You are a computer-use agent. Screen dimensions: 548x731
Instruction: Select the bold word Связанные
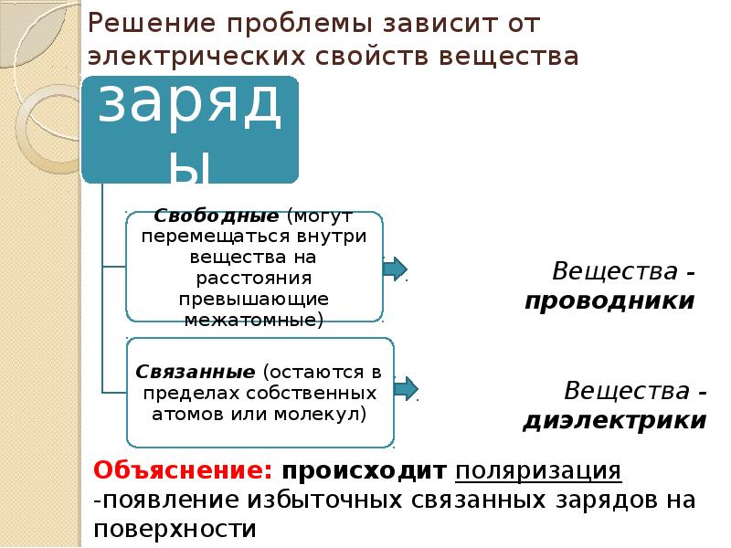pos(195,373)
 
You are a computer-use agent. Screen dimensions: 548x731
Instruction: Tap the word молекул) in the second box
pos(322,413)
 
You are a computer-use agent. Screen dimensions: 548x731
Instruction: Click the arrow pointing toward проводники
pos(394,269)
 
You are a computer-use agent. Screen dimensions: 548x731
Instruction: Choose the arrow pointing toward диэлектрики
pos(406,388)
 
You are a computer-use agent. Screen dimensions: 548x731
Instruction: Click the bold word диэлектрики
pos(614,420)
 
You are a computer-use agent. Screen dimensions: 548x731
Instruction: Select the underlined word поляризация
pos(539,471)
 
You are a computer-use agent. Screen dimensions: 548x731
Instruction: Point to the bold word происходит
pos(364,471)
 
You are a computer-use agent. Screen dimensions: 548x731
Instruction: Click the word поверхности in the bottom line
pos(173,529)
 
